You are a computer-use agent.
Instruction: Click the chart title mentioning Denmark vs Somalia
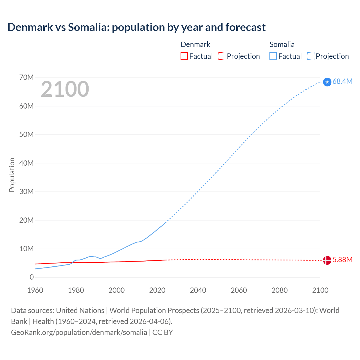136,27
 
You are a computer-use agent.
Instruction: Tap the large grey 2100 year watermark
65,89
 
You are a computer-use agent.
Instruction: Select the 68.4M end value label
342,81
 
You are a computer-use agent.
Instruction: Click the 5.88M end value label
342,260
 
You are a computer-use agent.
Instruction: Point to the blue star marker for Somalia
327,82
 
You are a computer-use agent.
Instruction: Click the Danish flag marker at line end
327,260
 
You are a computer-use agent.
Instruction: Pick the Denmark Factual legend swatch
184,56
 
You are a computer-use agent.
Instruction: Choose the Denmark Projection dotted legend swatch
222,56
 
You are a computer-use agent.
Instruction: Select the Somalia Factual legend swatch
273,56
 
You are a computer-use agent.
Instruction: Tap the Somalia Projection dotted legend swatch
311,56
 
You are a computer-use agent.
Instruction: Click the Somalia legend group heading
282,44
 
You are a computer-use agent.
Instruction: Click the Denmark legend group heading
195,44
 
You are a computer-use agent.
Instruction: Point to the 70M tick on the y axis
26,77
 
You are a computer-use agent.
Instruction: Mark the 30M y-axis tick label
26,192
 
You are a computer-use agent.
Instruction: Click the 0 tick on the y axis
31,277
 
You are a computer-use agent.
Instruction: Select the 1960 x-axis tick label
35,290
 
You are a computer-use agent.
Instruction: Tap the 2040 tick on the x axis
198,290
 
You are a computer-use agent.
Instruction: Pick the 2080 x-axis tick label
280,290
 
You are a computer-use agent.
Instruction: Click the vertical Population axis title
12,175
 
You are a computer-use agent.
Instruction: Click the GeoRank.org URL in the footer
79,332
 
